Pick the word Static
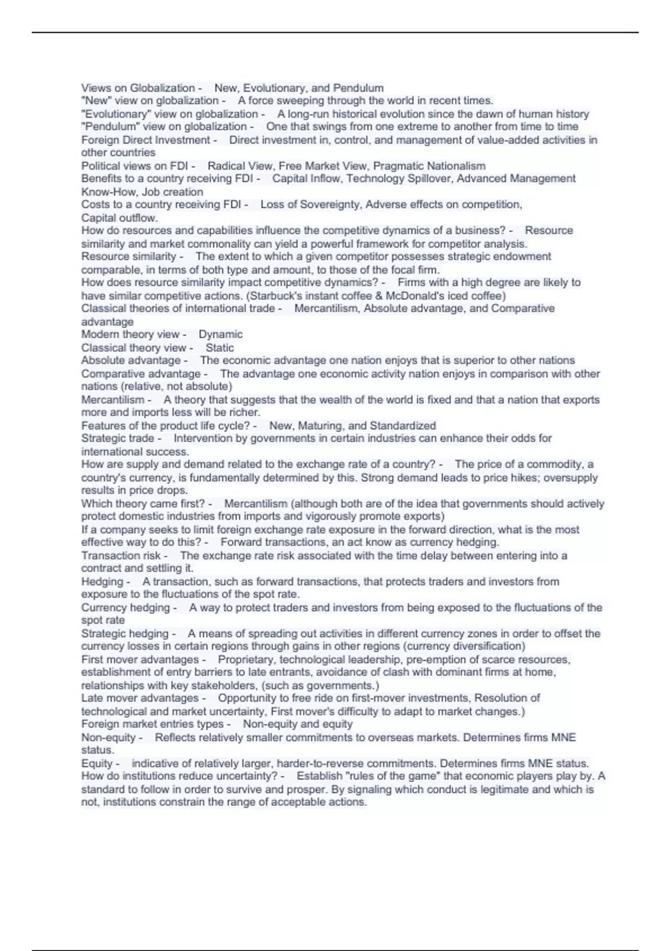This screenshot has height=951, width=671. pyautogui.click(x=220, y=347)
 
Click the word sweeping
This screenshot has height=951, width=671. pyautogui.click(x=300, y=101)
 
